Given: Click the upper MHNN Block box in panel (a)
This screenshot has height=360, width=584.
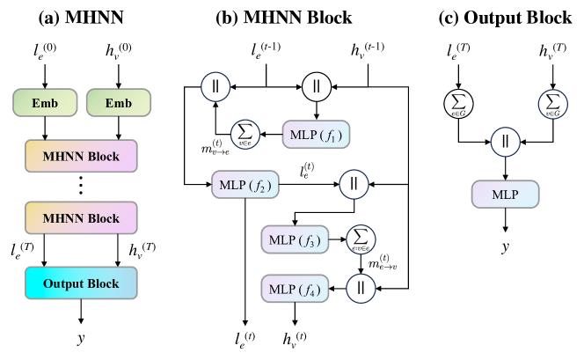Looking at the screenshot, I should [x=81, y=155].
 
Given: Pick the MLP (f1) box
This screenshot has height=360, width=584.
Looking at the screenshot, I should [x=314, y=136].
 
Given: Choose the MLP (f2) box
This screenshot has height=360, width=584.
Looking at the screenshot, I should [x=244, y=186].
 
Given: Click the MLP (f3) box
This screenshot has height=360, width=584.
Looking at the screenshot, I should [x=294, y=238].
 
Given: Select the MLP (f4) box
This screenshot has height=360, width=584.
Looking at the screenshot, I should [x=294, y=287].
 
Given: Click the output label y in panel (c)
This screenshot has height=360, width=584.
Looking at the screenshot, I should [x=506, y=247].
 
